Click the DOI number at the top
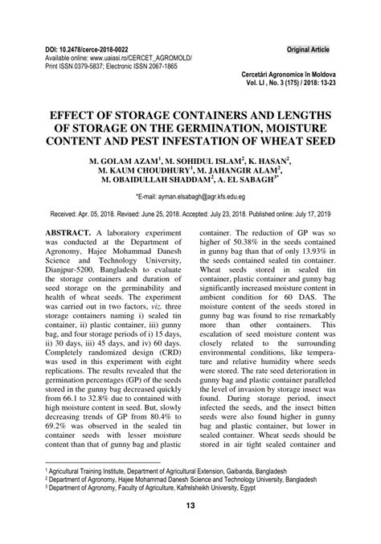point(84,51)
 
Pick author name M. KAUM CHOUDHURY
point(144,170)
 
